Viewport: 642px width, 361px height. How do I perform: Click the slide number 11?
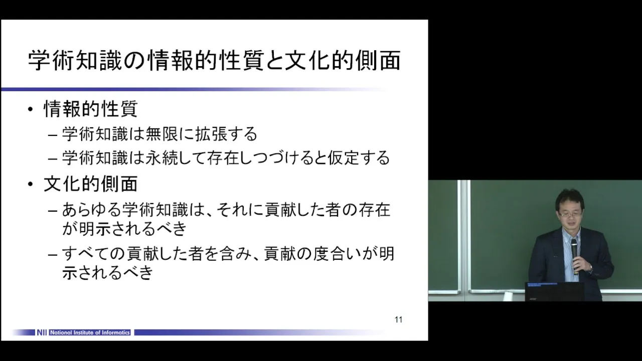398,320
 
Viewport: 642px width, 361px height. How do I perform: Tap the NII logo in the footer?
42,332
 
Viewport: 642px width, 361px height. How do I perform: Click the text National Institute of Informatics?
90,332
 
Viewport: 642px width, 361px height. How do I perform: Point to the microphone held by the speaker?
574,256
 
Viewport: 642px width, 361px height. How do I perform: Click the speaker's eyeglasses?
569,214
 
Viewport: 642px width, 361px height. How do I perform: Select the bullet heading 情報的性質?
91,109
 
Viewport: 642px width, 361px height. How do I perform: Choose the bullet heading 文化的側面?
91,184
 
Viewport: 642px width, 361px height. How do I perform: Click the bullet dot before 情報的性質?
31,109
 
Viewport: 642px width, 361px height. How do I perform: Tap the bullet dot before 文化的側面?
31,184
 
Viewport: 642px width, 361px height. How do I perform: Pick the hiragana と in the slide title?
273,61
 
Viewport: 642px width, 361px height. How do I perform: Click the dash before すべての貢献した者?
53,254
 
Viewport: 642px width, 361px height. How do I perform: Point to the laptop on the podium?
554,292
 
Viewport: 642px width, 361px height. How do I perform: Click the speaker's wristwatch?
590,268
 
